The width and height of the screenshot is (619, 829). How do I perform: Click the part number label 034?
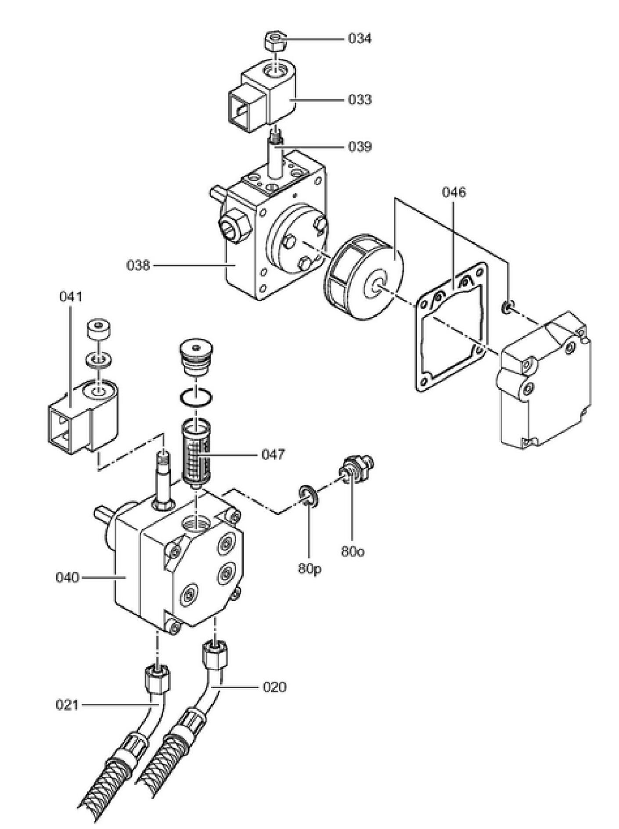click(360, 39)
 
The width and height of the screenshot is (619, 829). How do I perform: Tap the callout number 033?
click(360, 100)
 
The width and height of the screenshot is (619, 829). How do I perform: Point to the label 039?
click(360, 146)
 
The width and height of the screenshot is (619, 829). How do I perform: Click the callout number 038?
click(138, 265)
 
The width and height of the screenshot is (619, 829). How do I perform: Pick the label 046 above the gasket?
click(454, 192)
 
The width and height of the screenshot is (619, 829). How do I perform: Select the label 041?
click(71, 297)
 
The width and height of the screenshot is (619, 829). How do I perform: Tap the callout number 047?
click(273, 454)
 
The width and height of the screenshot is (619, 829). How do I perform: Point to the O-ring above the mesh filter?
click(196, 398)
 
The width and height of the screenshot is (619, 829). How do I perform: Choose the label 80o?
click(353, 552)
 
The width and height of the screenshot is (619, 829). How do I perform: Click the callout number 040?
click(67, 577)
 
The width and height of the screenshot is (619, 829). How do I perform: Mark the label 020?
click(274, 687)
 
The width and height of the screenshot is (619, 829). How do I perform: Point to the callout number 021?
click(67, 705)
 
